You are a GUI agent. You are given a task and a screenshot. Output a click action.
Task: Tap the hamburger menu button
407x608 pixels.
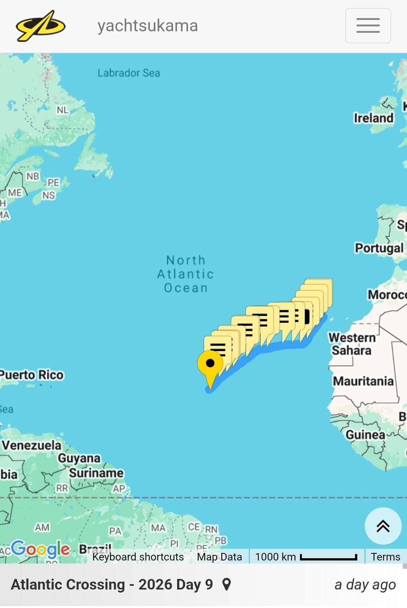pyautogui.click(x=368, y=26)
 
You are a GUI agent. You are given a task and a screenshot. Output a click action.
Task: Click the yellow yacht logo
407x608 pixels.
pyautogui.click(x=40, y=26)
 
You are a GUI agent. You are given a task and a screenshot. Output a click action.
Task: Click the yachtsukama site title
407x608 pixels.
pyautogui.click(x=147, y=26)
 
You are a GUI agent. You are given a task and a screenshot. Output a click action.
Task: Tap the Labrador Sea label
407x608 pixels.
pyautogui.click(x=129, y=73)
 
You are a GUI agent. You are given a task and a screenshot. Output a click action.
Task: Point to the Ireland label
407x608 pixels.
pyautogui.click(x=373, y=118)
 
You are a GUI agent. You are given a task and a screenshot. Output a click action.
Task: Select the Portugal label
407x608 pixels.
pyautogui.click(x=379, y=248)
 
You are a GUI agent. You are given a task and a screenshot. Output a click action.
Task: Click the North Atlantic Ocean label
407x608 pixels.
pyautogui.click(x=185, y=274)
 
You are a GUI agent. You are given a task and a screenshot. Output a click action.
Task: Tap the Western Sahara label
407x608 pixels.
pyautogui.click(x=352, y=344)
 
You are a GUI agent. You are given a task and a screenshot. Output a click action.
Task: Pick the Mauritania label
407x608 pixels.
pyautogui.click(x=363, y=381)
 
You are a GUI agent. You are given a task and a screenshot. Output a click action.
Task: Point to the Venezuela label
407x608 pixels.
pyautogui.click(x=32, y=445)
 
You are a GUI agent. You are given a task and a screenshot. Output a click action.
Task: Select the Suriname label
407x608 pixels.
pyautogui.click(x=96, y=473)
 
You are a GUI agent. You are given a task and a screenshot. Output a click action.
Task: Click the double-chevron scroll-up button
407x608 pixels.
pyautogui.click(x=383, y=526)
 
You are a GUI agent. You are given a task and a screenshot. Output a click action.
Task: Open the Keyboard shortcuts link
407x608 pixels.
pyautogui.click(x=138, y=557)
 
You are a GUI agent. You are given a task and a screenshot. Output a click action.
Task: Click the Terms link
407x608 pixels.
pyautogui.click(x=385, y=557)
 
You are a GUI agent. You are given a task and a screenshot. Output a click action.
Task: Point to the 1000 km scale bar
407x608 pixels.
pyautogui.click(x=328, y=557)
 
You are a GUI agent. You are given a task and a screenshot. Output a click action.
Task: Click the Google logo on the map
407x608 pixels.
pyautogui.click(x=40, y=549)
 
